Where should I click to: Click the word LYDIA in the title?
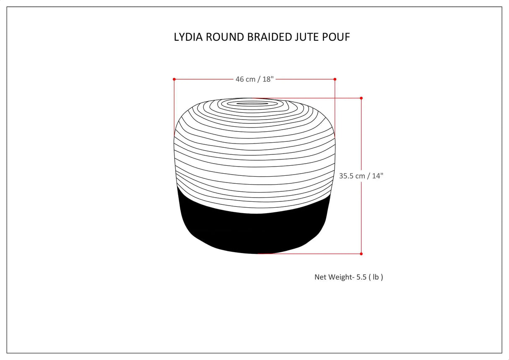187,37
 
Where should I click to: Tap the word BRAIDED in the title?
270,37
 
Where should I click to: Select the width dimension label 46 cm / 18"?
254,79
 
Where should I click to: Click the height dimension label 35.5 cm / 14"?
361,176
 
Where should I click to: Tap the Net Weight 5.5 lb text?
348,277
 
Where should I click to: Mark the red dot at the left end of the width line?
174,79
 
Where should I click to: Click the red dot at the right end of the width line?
335,79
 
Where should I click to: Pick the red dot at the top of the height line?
361,98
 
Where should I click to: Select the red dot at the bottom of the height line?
361,253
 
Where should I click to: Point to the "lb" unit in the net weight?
376,277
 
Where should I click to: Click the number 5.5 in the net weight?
361,277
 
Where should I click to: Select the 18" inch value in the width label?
268,79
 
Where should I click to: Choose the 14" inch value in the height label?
377,176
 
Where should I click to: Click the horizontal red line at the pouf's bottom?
310,253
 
